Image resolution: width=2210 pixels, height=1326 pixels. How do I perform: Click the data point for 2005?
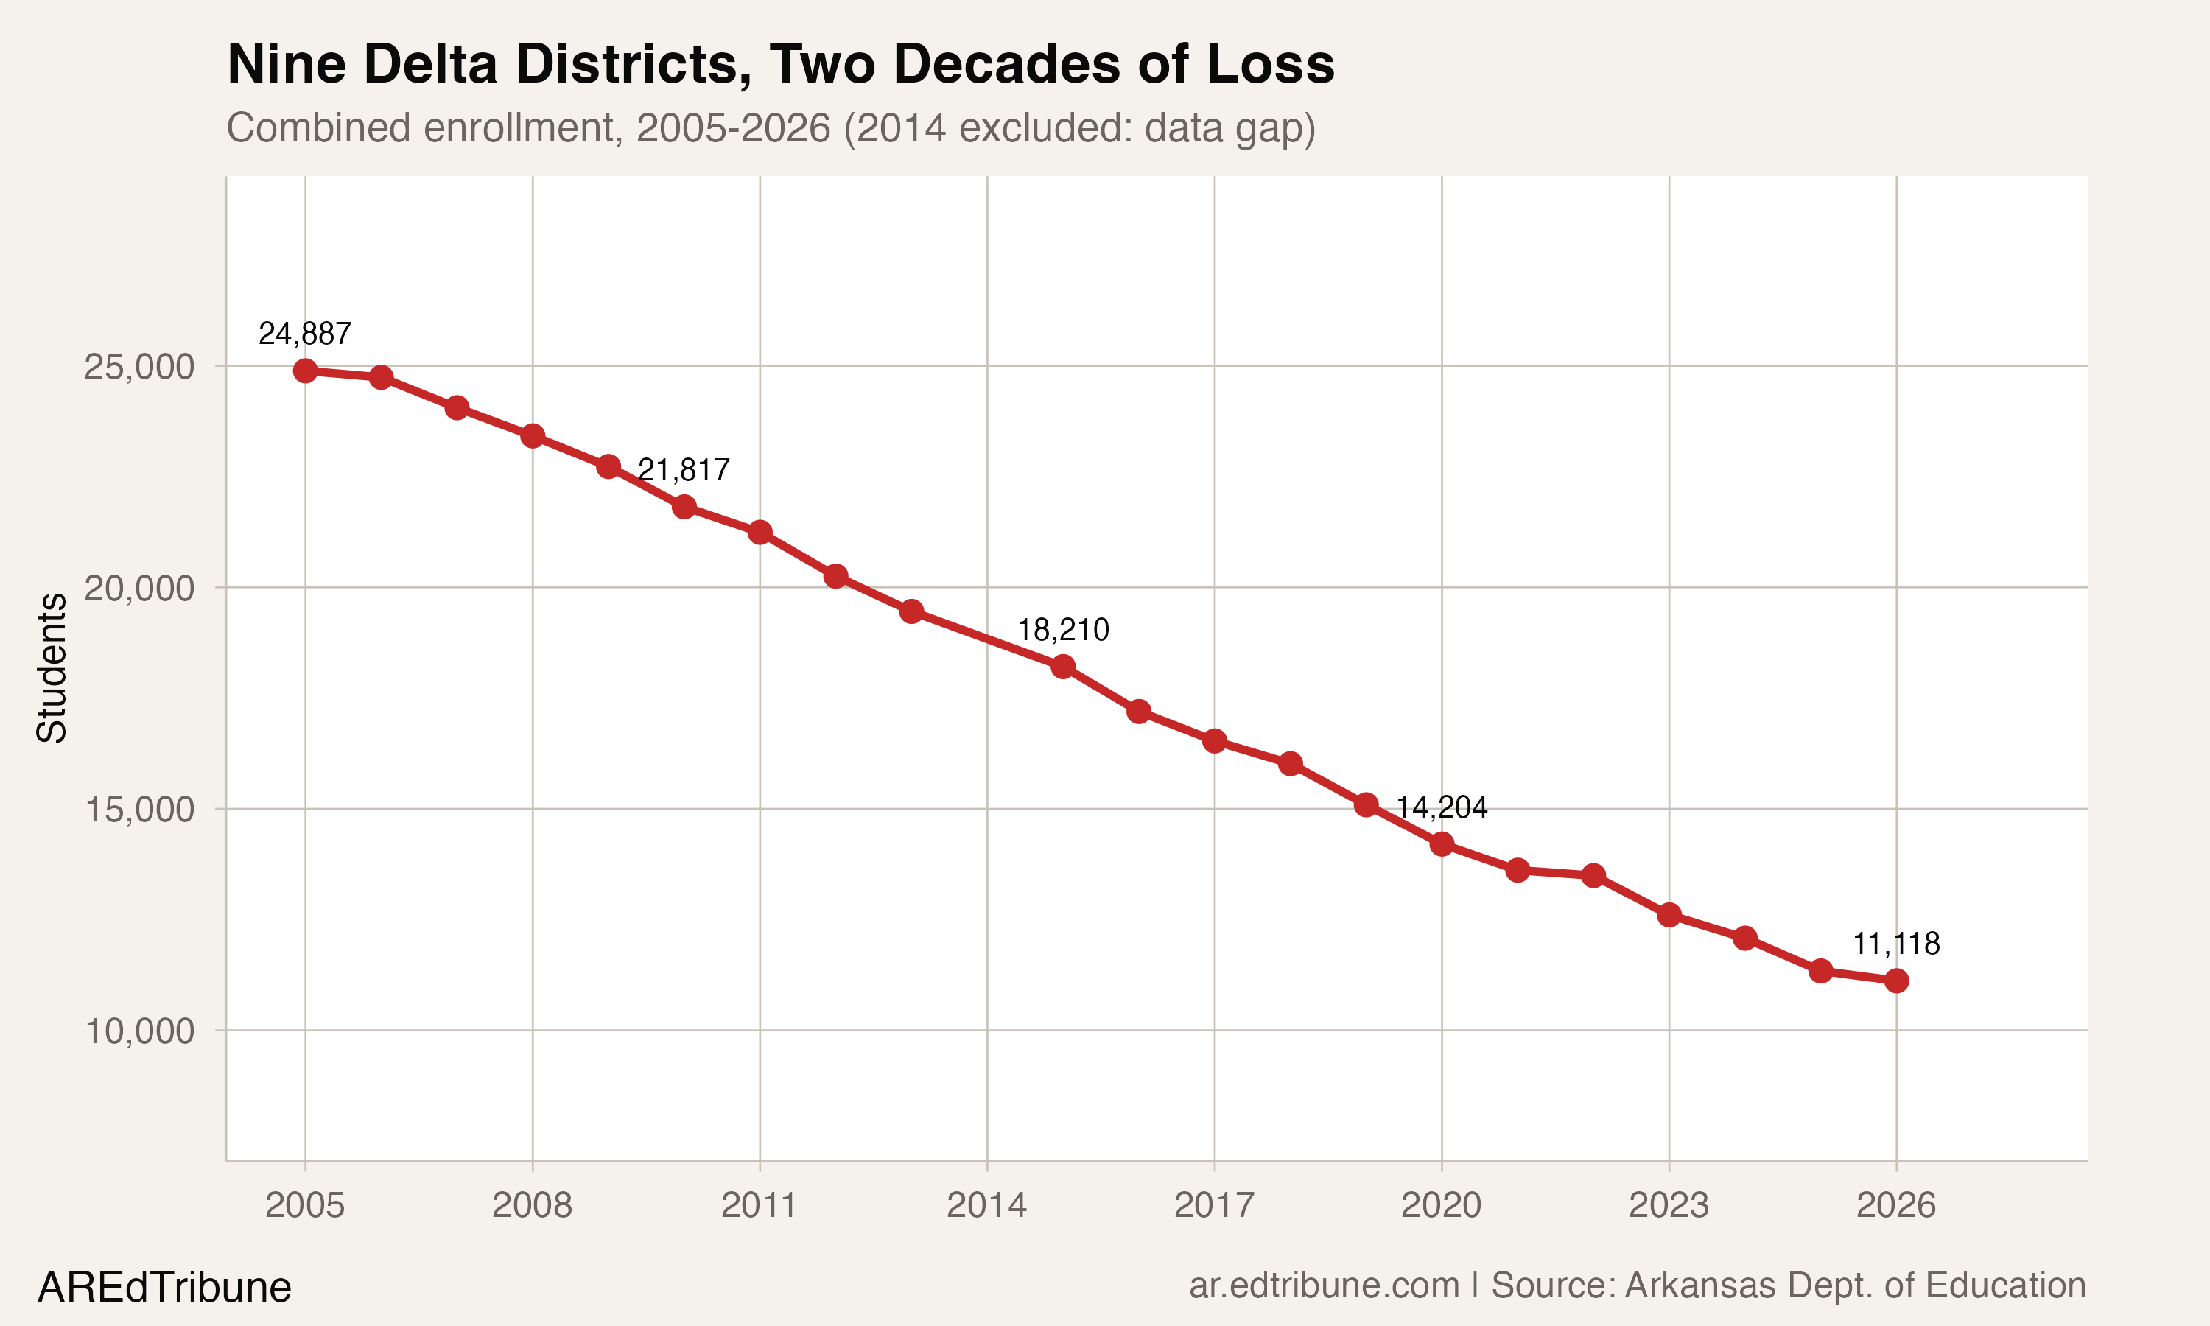click(x=306, y=370)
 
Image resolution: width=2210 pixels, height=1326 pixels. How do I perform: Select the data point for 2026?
click(x=1896, y=981)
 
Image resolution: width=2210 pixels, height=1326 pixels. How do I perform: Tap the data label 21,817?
click(x=684, y=470)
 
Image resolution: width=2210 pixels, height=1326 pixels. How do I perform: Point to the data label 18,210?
click(x=1063, y=630)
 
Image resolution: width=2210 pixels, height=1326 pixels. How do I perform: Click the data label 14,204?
click(x=1441, y=807)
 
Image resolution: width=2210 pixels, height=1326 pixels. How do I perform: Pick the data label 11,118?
click(x=1895, y=944)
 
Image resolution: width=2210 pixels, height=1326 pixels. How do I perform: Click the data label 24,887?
click(x=305, y=334)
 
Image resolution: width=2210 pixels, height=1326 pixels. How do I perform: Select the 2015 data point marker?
click(x=1063, y=667)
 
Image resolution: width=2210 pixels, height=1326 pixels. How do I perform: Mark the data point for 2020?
click(x=1442, y=843)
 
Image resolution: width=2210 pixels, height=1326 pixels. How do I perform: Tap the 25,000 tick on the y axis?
click(x=138, y=366)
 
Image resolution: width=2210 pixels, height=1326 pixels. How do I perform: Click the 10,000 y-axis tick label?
click(x=138, y=1031)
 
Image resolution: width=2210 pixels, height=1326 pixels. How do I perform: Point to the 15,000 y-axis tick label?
click(x=138, y=810)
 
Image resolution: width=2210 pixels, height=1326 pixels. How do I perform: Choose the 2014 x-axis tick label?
click(x=986, y=1205)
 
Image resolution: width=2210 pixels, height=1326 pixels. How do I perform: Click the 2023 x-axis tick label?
click(x=1669, y=1205)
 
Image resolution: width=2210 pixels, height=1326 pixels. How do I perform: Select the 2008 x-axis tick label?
click(x=533, y=1205)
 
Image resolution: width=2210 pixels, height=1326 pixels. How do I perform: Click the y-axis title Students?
click(x=52, y=667)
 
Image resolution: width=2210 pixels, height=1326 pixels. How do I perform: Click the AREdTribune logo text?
click(x=164, y=1288)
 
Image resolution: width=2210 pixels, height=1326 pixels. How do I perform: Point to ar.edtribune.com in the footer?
click(x=1324, y=1285)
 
